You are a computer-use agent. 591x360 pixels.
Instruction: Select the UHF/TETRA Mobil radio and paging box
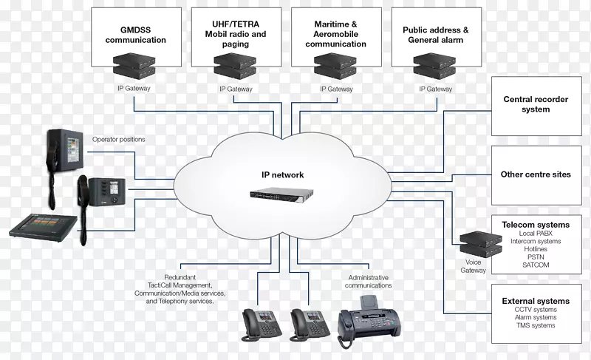236,35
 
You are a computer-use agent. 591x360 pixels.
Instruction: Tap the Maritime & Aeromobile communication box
335,35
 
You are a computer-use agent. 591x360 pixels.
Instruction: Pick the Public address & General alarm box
436,35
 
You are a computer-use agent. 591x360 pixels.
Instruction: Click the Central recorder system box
536,104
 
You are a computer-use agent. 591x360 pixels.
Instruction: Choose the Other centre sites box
536,174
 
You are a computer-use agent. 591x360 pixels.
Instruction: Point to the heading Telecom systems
536,225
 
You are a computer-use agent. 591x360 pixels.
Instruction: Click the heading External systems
536,301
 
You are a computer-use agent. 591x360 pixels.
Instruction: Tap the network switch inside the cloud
284,197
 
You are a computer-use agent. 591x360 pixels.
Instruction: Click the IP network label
283,175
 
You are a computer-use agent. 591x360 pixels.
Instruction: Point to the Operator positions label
119,139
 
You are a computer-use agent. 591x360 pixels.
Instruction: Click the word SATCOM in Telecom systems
536,265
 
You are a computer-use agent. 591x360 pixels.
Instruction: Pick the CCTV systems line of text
536,310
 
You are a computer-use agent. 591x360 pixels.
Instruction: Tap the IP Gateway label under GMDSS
135,89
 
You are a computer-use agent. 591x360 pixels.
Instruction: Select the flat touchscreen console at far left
44,225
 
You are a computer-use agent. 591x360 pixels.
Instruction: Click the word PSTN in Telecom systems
536,257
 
